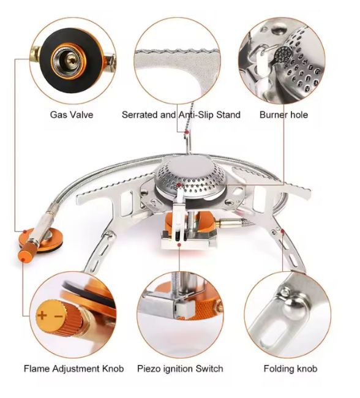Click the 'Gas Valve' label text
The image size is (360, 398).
(x=72, y=115)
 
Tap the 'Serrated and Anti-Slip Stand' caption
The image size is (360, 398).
(x=181, y=115)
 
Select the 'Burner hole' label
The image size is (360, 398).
(x=283, y=115)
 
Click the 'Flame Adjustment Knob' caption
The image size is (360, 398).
(x=73, y=369)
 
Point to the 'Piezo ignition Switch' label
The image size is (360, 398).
(x=180, y=369)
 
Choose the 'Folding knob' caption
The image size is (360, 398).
(x=290, y=369)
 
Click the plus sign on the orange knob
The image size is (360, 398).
(x=42, y=315)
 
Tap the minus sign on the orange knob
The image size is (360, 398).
(x=58, y=317)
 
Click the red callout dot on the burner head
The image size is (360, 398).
(x=179, y=185)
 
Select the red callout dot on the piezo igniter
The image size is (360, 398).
(x=179, y=245)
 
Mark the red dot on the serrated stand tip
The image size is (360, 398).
(x=187, y=132)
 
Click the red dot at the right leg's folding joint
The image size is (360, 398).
(x=282, y=231)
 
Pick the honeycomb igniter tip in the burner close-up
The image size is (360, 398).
(x=283, y=54)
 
